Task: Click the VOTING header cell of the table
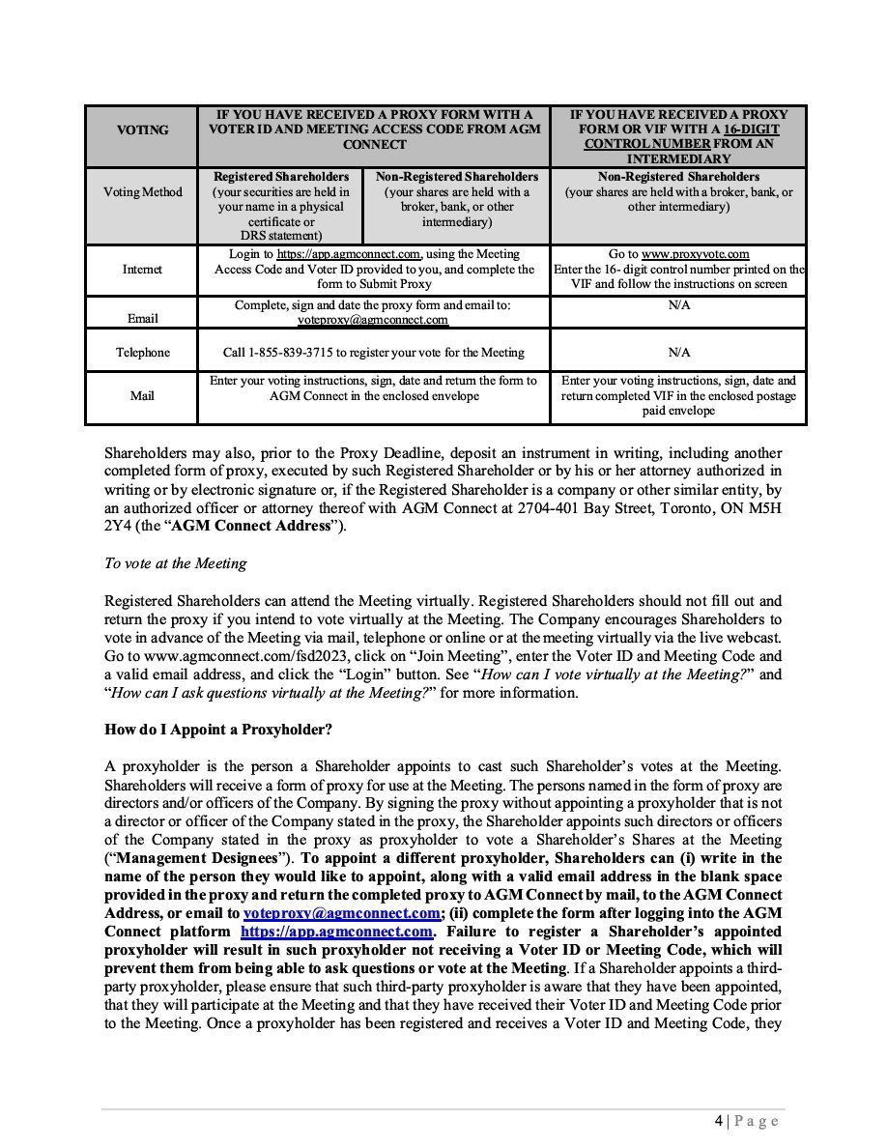click(141, 130)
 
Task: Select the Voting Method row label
click(141, 191)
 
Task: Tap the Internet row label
click(141, 270)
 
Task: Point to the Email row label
click(141, 318)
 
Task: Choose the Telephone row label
click(141, 353)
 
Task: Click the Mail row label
click(141, 395)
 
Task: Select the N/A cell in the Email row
click(678, 306)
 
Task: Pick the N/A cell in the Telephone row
click(678, 353)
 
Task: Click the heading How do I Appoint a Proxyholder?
click(206, 728)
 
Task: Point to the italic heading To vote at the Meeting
click(175, 563)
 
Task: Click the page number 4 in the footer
click(718, 1121)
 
